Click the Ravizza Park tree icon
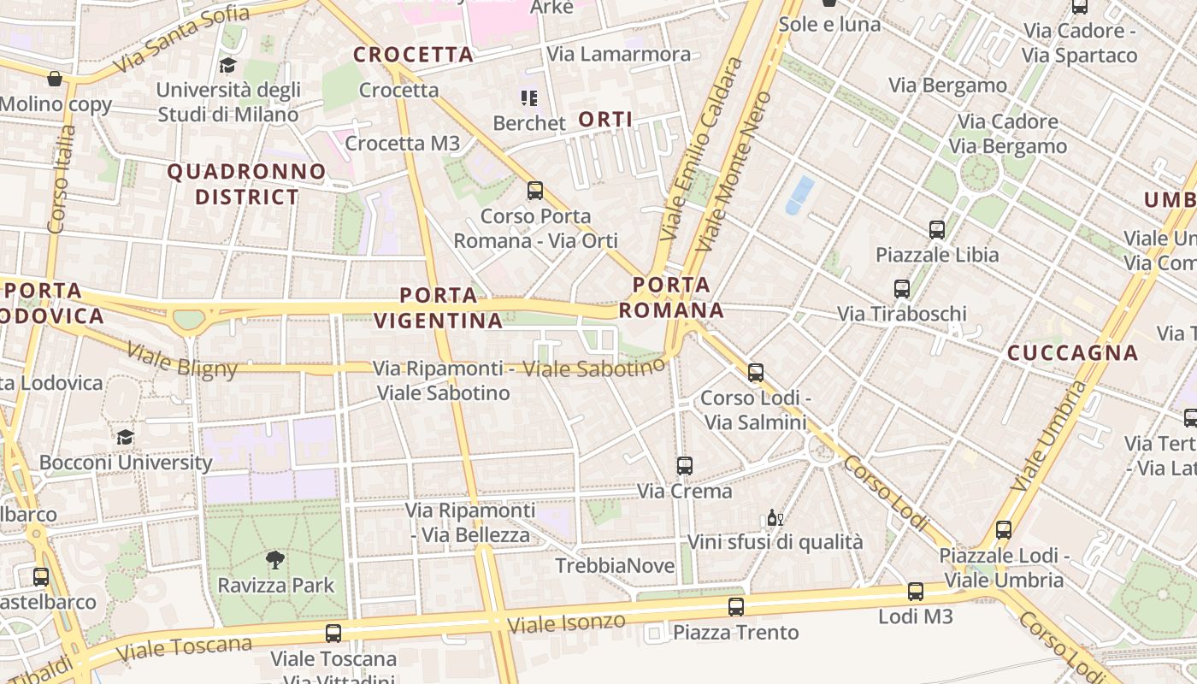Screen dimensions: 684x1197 pyautogui.click(x=275, y=560)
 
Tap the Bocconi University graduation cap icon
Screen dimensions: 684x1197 pyautogui.click(x=126, y=437)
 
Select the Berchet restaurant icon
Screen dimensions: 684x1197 pyautogui.click(x=528, y=98)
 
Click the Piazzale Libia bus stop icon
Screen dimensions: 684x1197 pyautogui.click(x=937, y=229)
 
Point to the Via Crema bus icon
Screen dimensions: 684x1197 pyautogui.click(x=685, y=466)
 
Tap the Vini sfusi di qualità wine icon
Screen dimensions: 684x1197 pyautogui.click(x=775, y=517)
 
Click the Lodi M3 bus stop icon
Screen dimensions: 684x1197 pyautogui.click(x=916, y=591)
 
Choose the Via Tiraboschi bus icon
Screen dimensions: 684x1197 pyautogui.click(x=902, y=288)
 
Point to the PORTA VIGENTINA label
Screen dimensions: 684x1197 pyautogui.click(x=439, y=308)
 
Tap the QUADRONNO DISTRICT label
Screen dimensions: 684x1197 pyautogui.click(x=246, y=184)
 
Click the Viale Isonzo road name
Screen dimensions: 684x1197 pyautogui.click(x=566, y=622)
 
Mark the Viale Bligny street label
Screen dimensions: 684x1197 pyautogui.click(x=181, y=359)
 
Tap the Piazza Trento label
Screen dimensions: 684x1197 pyautogui.click(x=735, y=633)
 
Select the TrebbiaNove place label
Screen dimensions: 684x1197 pyautogui.click(x=608, y=566)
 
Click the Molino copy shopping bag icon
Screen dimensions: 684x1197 pyautogui.click(x=55, y=79)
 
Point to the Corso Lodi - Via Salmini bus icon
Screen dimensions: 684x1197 pyautogui.click(x=756, y=373)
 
